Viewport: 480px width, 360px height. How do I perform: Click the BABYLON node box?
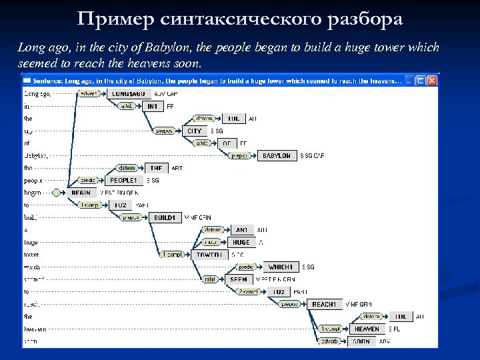(x=277, y=156)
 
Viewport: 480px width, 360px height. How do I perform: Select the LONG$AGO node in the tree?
(x=129, y=94)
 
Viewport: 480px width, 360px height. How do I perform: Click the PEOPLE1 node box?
(x=123, y=181)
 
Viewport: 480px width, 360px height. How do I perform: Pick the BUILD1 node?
(x=164, y=217)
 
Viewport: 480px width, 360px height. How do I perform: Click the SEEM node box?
(x=238, y=279)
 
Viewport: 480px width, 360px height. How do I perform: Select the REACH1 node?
(x=325, y=304)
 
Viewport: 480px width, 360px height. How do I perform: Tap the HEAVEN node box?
(x=367, y=329)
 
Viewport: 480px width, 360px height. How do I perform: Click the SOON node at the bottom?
(x=361, y=341)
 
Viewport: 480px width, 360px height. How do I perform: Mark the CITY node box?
(x=194, y=131)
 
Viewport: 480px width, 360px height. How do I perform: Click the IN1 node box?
(x=153, y=106)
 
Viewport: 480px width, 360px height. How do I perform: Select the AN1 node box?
(x=241, y=230)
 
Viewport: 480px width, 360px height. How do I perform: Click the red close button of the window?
(x=432, y=81)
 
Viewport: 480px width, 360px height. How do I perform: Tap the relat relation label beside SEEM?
(x=211, y=279)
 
